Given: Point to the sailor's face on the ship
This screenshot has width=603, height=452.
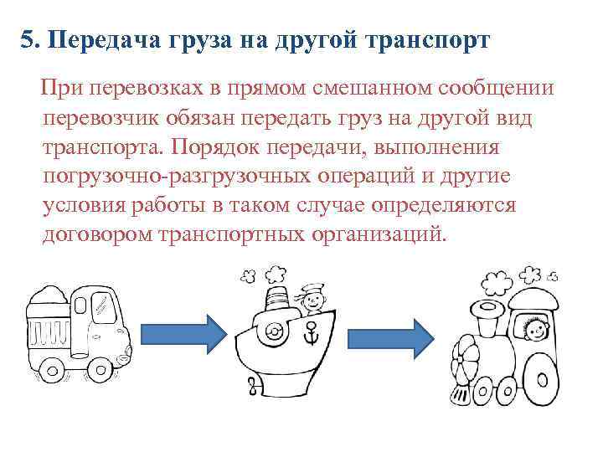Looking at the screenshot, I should (x=311, y=297).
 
